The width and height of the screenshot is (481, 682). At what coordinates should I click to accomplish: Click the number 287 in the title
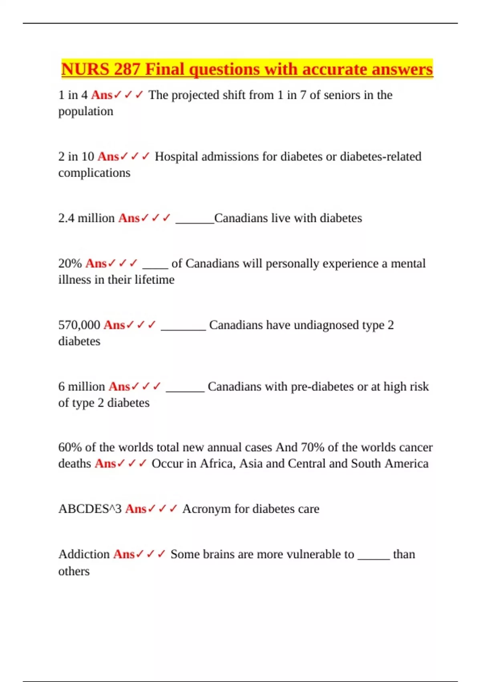pyautogui.click(x=127, y=69)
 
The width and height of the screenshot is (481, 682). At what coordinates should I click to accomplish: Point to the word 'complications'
pyautogui.click(x=94, y=173)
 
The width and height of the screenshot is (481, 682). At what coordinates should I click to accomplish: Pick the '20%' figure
pyautogui.click(x=70, y=264)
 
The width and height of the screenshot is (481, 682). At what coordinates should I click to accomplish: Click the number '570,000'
pyautogui.click(x=79, y=325)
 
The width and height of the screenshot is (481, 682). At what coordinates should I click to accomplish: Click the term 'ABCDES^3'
pyautogui.click(x=90, y=509)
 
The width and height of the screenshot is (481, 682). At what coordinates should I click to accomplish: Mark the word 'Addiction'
pyautogui.click(x=84, y=554)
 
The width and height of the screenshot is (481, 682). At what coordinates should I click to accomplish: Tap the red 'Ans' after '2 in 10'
pyautogui.click(x=108, y=156)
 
